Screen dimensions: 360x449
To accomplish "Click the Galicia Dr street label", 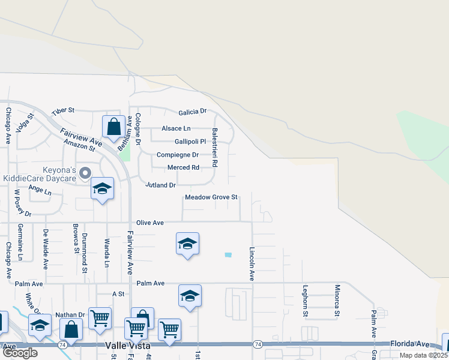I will pyautogui.click(x=192, y=112).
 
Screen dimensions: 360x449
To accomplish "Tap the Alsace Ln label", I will pyautogui.click(x=176, y=128).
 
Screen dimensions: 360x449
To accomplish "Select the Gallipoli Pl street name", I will pyautogui.click(x=190, y=142).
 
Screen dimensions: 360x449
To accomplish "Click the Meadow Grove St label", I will pyautogui.click(x=211, y=197).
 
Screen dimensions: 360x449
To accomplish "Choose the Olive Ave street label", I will pyautogui.click(x=150, y=223).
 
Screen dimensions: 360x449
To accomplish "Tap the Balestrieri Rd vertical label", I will pyautogui.click(x=214, y=146).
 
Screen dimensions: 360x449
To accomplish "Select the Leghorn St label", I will pyautogui.click(x=306, y=300).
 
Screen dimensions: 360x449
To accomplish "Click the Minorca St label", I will pyautogui.click(x=337, y=300).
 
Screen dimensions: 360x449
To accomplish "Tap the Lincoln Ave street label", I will pyautogui.click(x=252, y=263).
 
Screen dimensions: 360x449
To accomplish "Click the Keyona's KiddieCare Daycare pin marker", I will pyautogui.click(x=85, y=173).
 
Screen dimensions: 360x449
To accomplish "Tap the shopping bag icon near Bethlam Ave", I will pyautogui.click(x=113, y=127).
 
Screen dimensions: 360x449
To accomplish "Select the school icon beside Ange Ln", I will pyautogui.click(x=102, y=190).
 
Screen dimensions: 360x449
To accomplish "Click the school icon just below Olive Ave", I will pyautogui.click(x=187, y=244).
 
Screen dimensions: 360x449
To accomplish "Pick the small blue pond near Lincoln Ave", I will pyautogui.click(x=228, y=256).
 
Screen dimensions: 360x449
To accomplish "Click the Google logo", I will pyautogui.click(x=20, y=353).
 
